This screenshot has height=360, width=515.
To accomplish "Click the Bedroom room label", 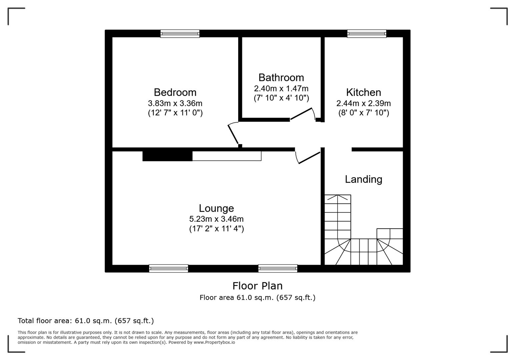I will click(x=175, y=92).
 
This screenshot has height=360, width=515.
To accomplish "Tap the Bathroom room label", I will click(x=281, y=78).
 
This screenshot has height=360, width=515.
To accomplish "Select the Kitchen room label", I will click(x=363, y=92).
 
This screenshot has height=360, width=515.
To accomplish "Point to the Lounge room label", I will click(x=216, y=208).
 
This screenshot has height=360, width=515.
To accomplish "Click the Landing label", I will click(x=363, y=179).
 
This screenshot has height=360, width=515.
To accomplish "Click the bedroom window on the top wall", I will click(x=180, y=34).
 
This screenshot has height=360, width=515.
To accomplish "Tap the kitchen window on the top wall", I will click(x=367, y=34).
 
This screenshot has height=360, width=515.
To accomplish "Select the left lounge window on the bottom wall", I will click(x=168, y=268).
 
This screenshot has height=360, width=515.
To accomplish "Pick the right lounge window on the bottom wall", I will click(x=278, y=268).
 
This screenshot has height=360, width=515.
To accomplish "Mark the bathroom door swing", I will click(x=302, y=114).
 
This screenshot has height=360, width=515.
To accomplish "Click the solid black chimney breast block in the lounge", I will click(x=167, y=156).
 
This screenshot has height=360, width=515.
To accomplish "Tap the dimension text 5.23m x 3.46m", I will click(x=216, y=219).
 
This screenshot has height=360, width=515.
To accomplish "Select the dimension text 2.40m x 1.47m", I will click(x=281, y=89).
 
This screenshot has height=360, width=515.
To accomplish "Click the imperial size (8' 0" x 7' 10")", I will click(x=364, y=113).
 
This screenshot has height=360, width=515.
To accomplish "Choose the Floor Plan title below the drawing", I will click(x=257, y=286).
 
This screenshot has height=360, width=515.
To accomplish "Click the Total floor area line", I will click(x=86, y=321).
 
